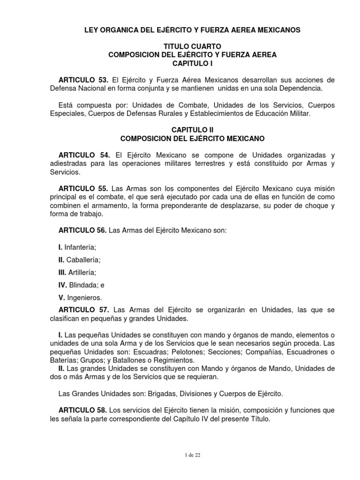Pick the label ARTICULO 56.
coord(82,231)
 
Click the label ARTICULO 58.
coord(82,410)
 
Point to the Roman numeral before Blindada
coord(62,285)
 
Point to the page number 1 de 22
coord(192,455)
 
